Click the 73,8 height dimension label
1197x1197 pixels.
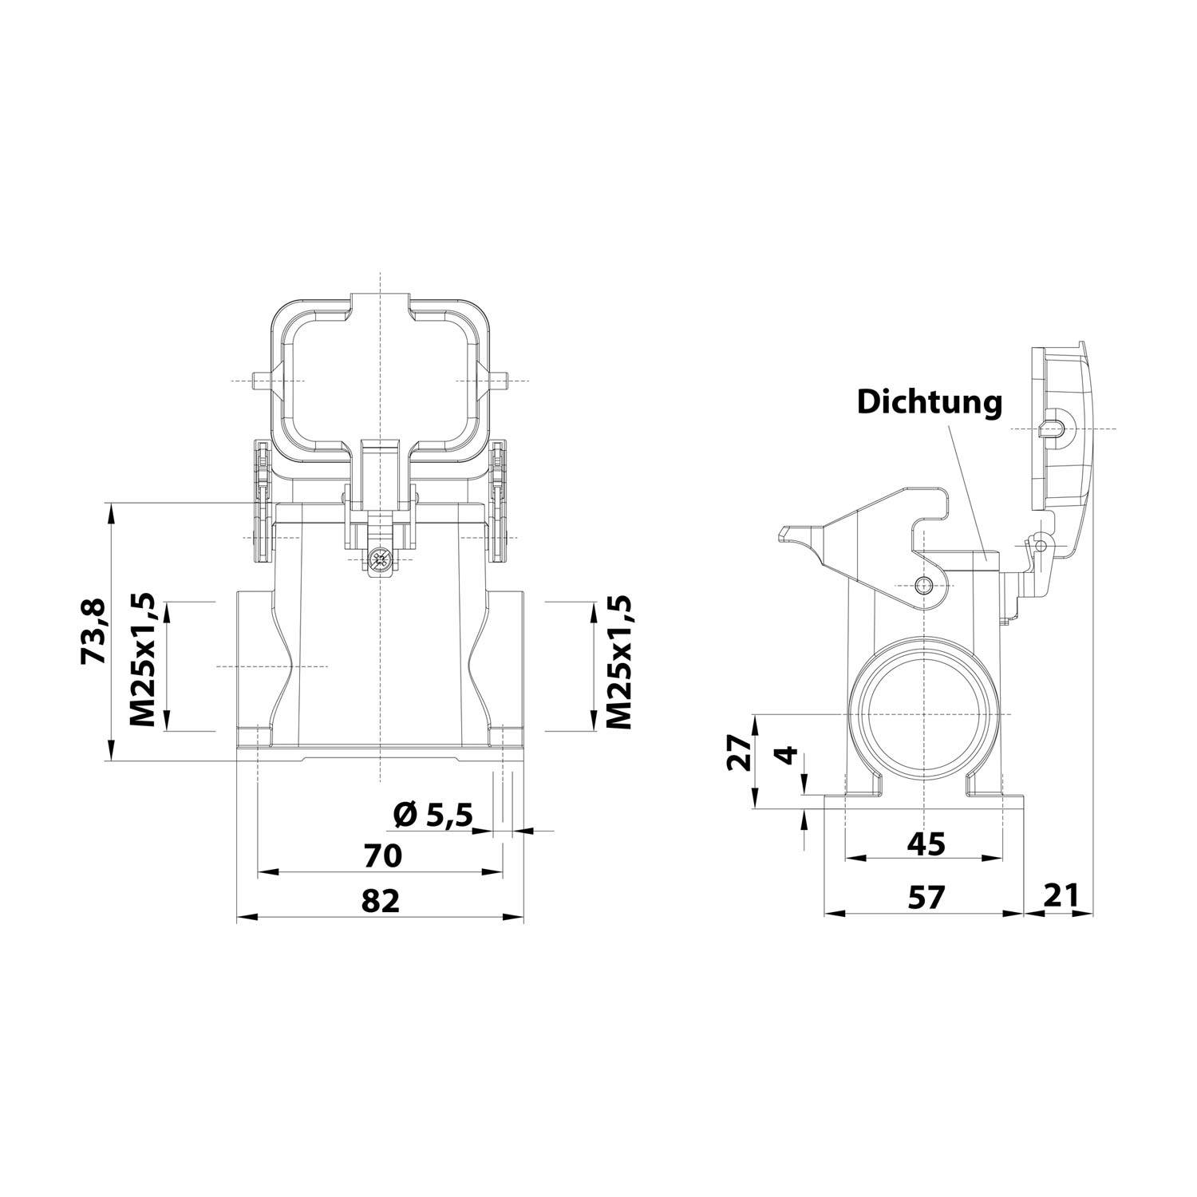pyautogui.click(x=93, y=630)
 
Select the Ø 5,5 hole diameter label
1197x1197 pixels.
pyautogui.click(x=433, y=815)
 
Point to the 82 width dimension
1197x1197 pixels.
pyautogui.click(x=380, y=901)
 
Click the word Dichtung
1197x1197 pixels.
pyautogui.click(x=929, y=402)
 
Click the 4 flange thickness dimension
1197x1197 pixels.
pyautogui.click(x=788, y=754)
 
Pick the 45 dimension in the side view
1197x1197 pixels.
pyautogui.click(x=926, y=843)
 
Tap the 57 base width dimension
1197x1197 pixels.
pyautogui.click(x=926, y=897)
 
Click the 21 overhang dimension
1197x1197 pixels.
pyautogui.click(x=1061, y=896)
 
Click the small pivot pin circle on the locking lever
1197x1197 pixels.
pyautogui.click(x=925, y=585)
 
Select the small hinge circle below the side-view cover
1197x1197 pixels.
pyautogui.click(x=1037, y=544)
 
